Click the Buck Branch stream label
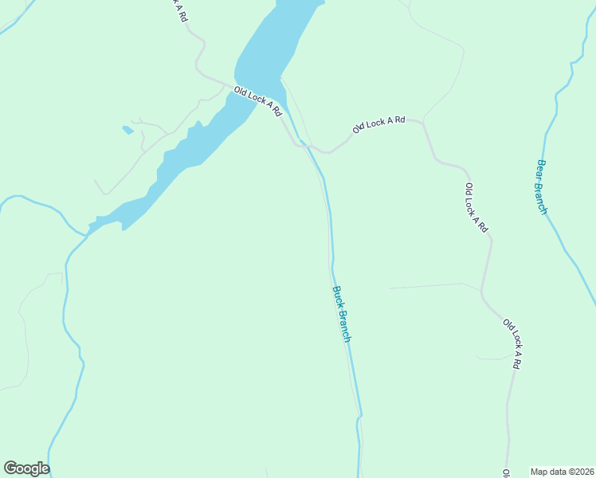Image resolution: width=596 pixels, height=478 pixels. click(x=342, y=314)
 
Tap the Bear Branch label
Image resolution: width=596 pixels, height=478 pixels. click(x=542, y=187)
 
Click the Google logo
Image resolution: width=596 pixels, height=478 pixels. click(x=26, y=468)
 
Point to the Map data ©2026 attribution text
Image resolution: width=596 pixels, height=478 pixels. click(x=563, y=471)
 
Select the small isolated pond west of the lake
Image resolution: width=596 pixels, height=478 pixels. click(x=127, y=129)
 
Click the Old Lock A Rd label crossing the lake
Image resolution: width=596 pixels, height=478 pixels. click(x=258, y=101)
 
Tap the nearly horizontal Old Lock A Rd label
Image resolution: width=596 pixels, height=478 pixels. click(x=379, y=123)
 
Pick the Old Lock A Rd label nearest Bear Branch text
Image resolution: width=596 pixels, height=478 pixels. click(x=476, y=207)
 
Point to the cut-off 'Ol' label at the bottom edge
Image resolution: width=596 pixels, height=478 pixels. click(x=507, y=473)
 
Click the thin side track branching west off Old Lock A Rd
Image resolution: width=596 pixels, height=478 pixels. click(x=430, y=285)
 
